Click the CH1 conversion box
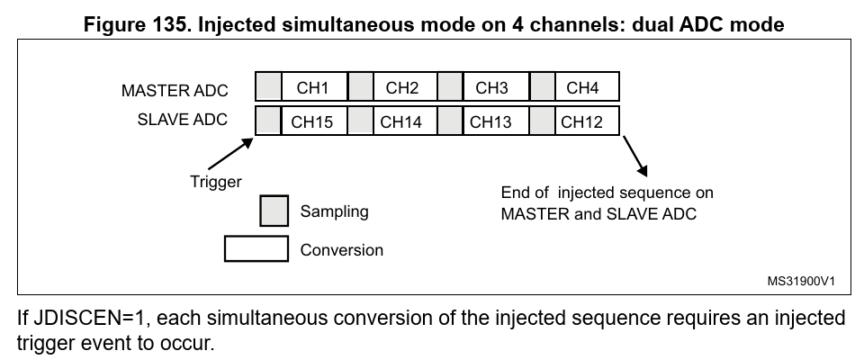[x=313, y=87]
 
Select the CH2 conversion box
[x=402, y=87]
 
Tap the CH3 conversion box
[x=493, y=87]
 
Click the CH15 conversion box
[x=313, y=121]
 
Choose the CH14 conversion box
[x=402, y=121]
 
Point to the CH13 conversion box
[x=493, y=121]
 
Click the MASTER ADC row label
[x=175, y=91]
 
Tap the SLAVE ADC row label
[x=182, y=120]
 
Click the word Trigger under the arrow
[x=215, y=182]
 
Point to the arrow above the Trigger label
[x=229, y=152]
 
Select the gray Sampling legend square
[x=274, y=211]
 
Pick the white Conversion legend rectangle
[x=256, y=249]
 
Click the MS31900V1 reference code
[x=802, y=281]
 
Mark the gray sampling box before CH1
[x=268, y=87]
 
